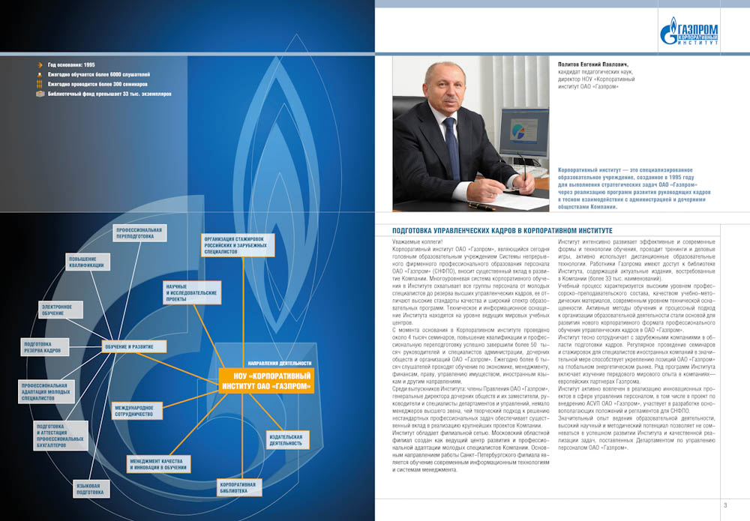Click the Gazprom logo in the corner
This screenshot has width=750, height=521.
tap(688, 31)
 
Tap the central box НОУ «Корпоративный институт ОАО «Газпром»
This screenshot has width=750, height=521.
tap(266, 379)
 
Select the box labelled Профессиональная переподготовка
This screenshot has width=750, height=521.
tap(135, 232)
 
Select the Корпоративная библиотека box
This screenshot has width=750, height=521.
tap(238, 488)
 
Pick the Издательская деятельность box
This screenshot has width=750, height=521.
tap(286, 439)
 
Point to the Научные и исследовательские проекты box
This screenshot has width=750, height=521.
tap(191, 294)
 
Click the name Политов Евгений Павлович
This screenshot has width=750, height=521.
tap(597, 64)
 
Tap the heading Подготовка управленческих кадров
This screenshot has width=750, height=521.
tap(502, 230)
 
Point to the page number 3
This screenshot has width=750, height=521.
tap(725, 505)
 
